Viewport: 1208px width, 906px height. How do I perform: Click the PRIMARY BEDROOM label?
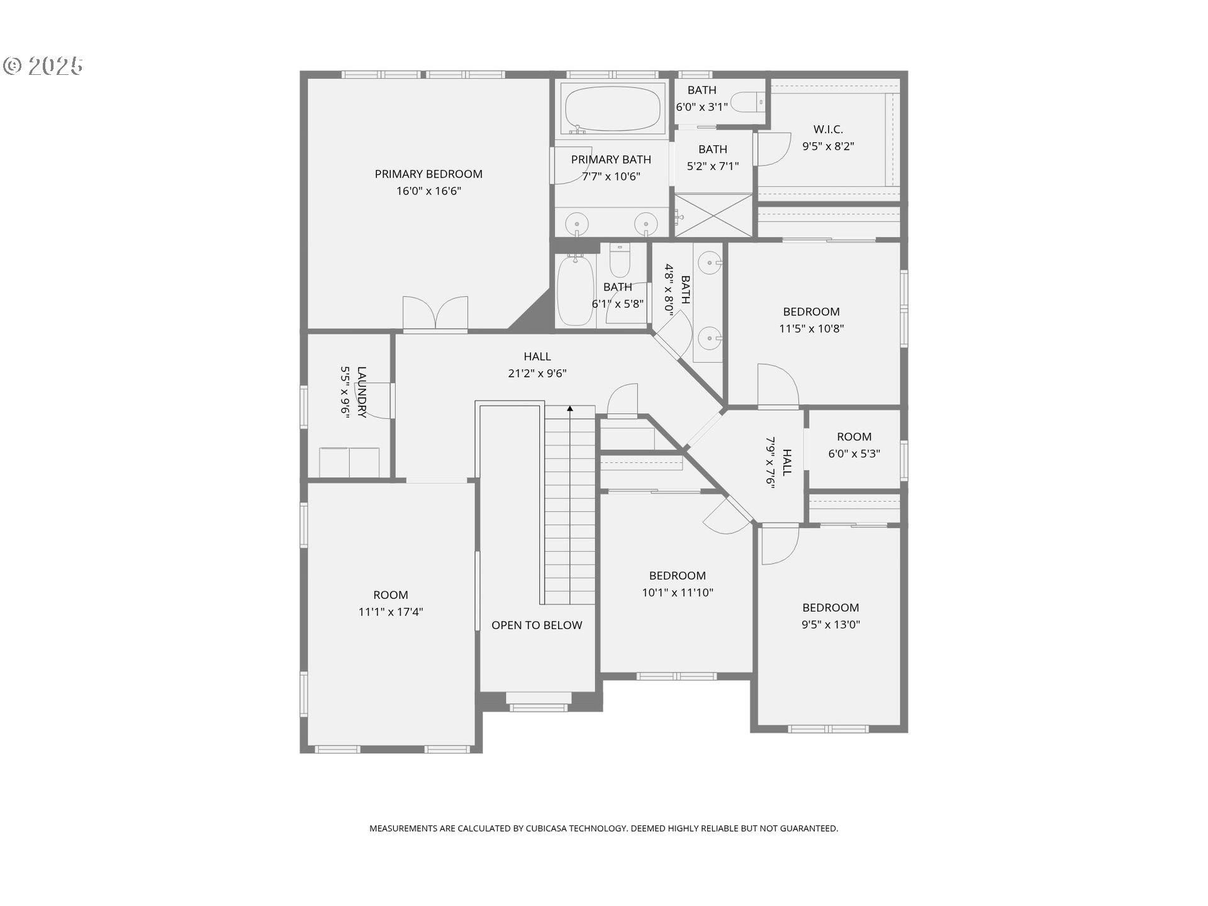428,174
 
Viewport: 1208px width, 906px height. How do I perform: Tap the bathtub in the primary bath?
613,108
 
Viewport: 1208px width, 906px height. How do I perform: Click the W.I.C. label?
828,130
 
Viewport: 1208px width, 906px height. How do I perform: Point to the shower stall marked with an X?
713,216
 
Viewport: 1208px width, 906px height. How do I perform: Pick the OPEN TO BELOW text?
537,625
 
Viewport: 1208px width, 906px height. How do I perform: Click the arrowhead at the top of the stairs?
570,409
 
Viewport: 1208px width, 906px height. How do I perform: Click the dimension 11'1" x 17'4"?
391,612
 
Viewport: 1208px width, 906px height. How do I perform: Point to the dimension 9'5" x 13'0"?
830,625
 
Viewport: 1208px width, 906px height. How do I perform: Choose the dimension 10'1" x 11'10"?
678,593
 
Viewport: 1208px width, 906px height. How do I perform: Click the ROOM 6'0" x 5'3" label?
854,437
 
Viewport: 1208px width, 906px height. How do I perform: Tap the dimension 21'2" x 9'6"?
537,374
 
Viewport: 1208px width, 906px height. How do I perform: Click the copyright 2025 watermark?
43,66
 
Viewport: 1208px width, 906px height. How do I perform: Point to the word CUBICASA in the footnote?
545,829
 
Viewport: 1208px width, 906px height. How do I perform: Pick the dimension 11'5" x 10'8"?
812,328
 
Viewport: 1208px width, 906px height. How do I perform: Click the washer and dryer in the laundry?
349,462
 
